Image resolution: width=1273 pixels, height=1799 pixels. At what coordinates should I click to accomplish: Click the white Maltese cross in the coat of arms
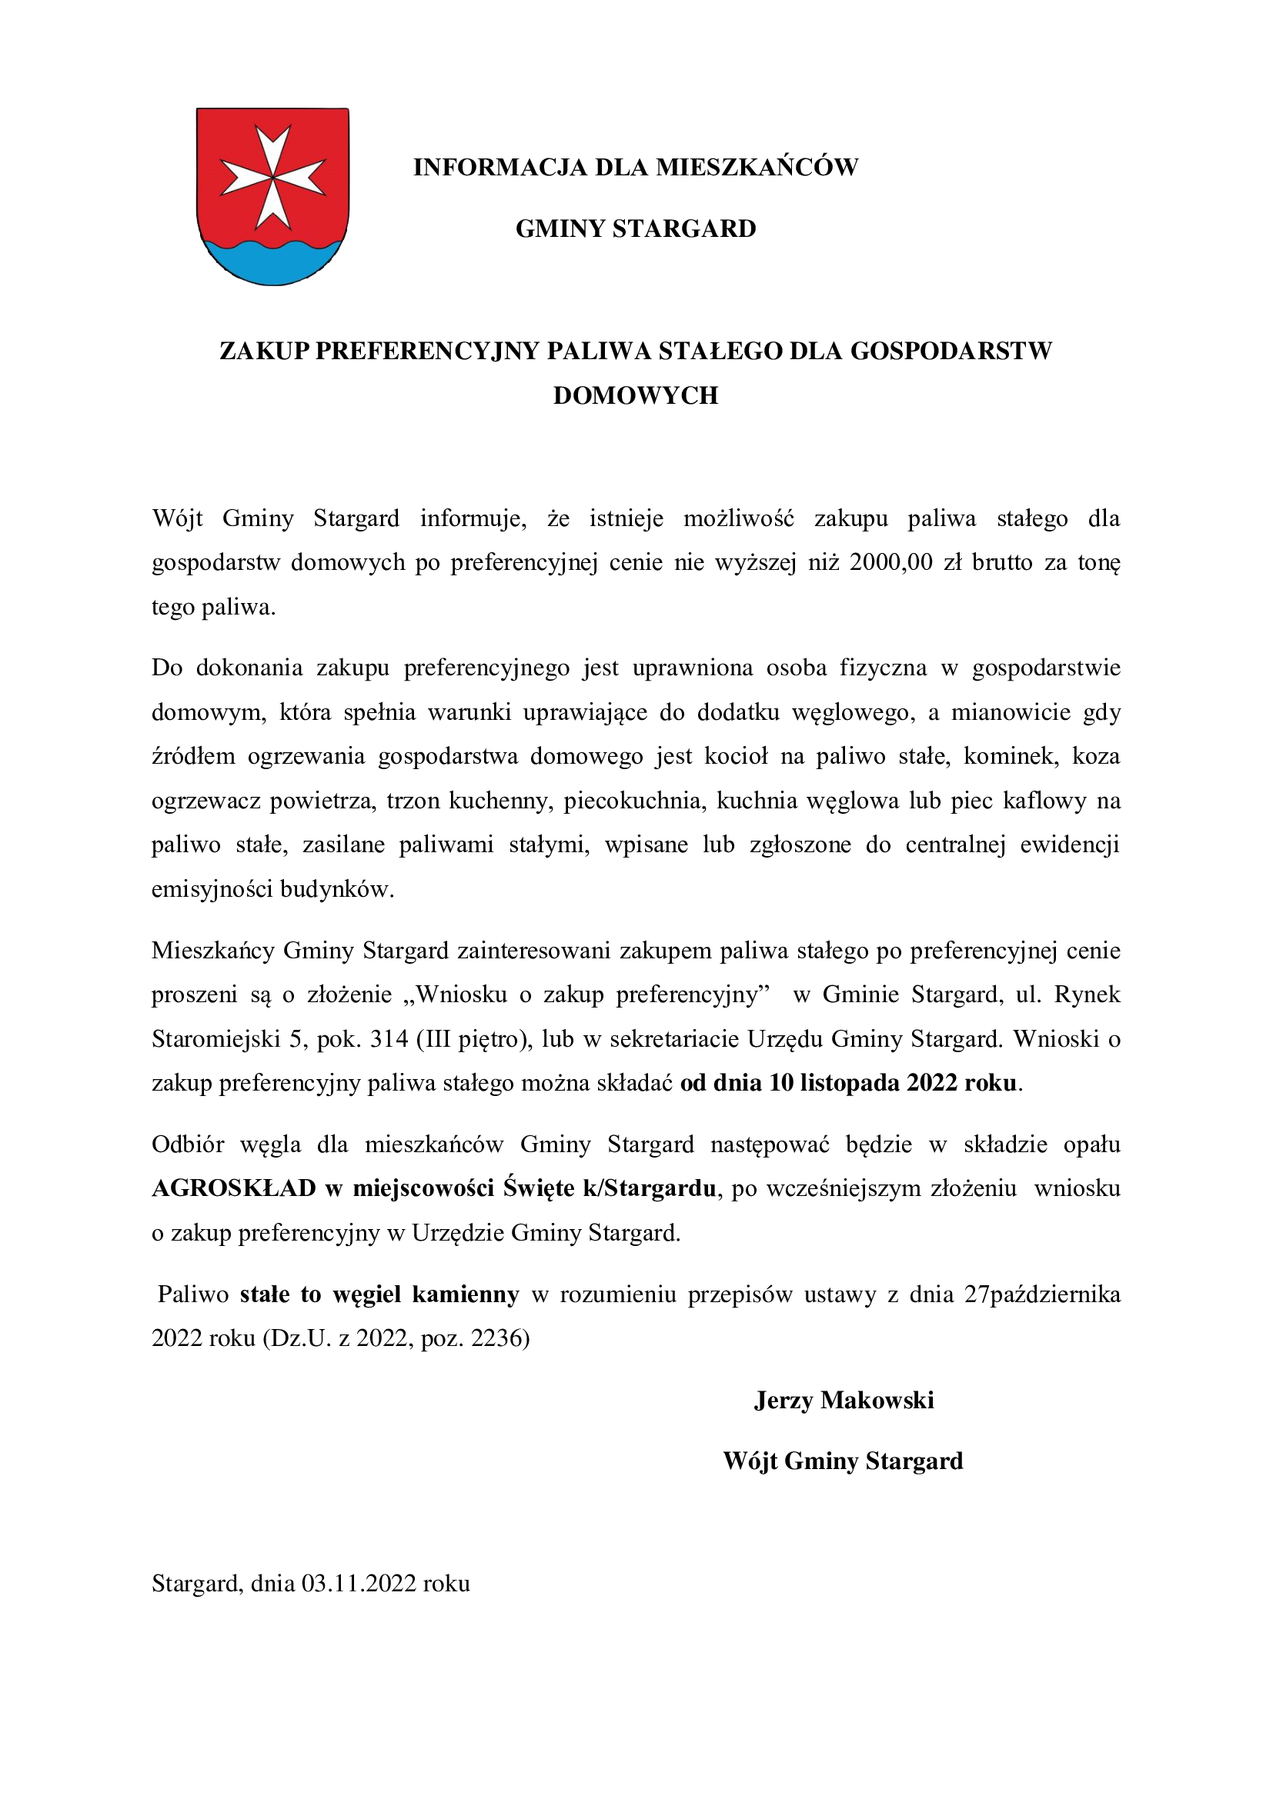point(272,175)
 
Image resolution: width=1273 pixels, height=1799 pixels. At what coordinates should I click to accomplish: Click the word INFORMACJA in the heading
point(500,167)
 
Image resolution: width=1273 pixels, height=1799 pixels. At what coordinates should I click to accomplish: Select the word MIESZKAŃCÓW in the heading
point(757,167)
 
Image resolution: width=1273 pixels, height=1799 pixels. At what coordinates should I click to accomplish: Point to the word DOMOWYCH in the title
point(636,395)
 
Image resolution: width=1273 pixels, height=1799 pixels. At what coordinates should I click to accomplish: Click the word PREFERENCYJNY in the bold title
point(428,351)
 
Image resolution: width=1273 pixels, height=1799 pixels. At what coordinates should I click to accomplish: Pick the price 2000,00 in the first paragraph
point(890,562)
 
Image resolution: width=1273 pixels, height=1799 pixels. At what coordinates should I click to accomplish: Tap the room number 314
point(389,1039)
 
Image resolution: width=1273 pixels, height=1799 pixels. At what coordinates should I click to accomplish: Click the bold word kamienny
point(466,1294)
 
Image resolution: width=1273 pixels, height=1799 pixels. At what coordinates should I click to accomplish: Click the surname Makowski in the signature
point(877,1400)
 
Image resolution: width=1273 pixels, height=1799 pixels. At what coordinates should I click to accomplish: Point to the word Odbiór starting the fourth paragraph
point(188,1144)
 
